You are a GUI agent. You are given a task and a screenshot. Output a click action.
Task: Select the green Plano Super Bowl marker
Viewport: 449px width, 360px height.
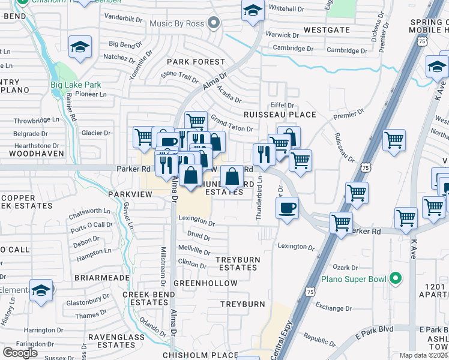coord(395,278)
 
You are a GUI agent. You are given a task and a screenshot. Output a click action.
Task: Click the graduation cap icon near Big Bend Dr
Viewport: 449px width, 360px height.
coord(79,46)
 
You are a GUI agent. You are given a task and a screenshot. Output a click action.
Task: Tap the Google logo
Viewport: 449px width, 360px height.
coord(20,352)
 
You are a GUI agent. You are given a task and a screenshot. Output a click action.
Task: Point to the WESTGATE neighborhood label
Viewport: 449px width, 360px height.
coord(327,29)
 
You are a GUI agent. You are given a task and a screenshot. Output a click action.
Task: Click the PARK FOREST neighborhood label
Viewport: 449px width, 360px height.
coord(196,62)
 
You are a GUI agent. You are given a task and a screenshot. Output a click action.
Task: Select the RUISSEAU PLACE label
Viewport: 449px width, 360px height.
coord(279,115)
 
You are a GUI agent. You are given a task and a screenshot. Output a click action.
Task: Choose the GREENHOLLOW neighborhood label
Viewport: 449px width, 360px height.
coord(205,283)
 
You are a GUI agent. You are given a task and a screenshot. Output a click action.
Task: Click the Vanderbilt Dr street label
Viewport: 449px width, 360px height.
coord(123,18)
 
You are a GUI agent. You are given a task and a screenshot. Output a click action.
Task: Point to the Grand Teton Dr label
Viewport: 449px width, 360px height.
coord(231,125)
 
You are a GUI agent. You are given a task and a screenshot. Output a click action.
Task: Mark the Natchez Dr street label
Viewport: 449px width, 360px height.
coord(119,58)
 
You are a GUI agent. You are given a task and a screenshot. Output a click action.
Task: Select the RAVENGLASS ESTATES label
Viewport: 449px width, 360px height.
coord(112,341)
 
